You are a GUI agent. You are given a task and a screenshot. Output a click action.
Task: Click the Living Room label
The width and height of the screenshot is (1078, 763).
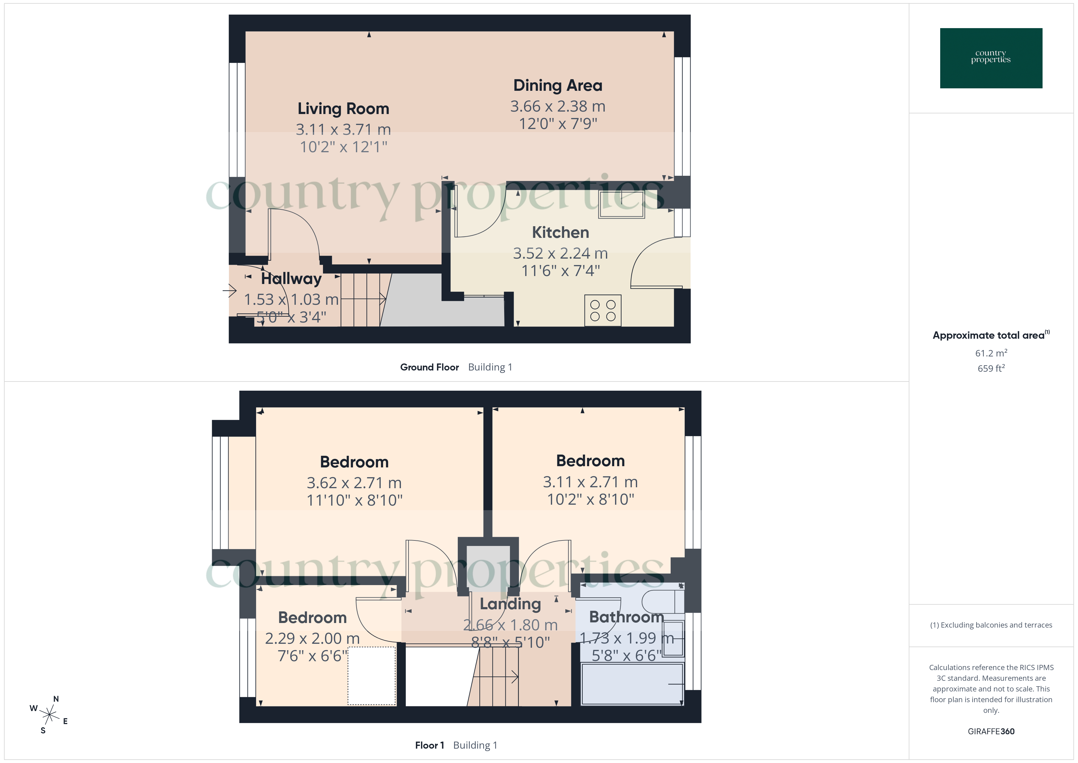click(x=343, y=109)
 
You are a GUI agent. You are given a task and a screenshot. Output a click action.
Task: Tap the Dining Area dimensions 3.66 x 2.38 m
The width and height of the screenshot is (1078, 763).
click(x=557, y=106)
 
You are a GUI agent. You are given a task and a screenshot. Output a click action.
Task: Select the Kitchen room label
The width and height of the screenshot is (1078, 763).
click(x=560, y=232)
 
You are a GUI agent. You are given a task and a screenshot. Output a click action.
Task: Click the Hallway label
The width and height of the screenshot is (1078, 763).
click(x=291, y=278)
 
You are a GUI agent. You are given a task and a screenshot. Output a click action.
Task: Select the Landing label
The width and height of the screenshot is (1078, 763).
click(x=510, y=604)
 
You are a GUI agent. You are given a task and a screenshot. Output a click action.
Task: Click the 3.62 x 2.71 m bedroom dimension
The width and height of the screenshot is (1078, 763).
click(x=354, y=482)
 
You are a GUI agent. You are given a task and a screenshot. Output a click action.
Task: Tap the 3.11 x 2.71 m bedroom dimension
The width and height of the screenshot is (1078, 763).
click(x=590, y=481)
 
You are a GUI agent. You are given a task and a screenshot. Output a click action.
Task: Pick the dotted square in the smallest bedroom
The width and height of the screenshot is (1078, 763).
click(x=371, y=676)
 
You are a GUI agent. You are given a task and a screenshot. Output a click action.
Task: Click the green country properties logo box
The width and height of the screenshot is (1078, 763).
click(x=991, y=58)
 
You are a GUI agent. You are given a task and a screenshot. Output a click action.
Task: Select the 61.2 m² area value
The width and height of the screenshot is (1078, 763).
click(x=991, y=353)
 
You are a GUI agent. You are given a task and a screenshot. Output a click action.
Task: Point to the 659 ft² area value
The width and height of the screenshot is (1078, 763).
click(x=991, y=368)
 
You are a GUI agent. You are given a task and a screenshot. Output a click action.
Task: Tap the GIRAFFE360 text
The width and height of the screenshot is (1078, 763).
click(x=991, y=731)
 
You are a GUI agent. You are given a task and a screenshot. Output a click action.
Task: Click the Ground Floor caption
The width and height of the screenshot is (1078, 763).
click(x=429, y=367)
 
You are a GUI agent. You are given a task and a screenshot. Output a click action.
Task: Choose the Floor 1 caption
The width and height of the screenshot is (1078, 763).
click(x=429, y=745)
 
